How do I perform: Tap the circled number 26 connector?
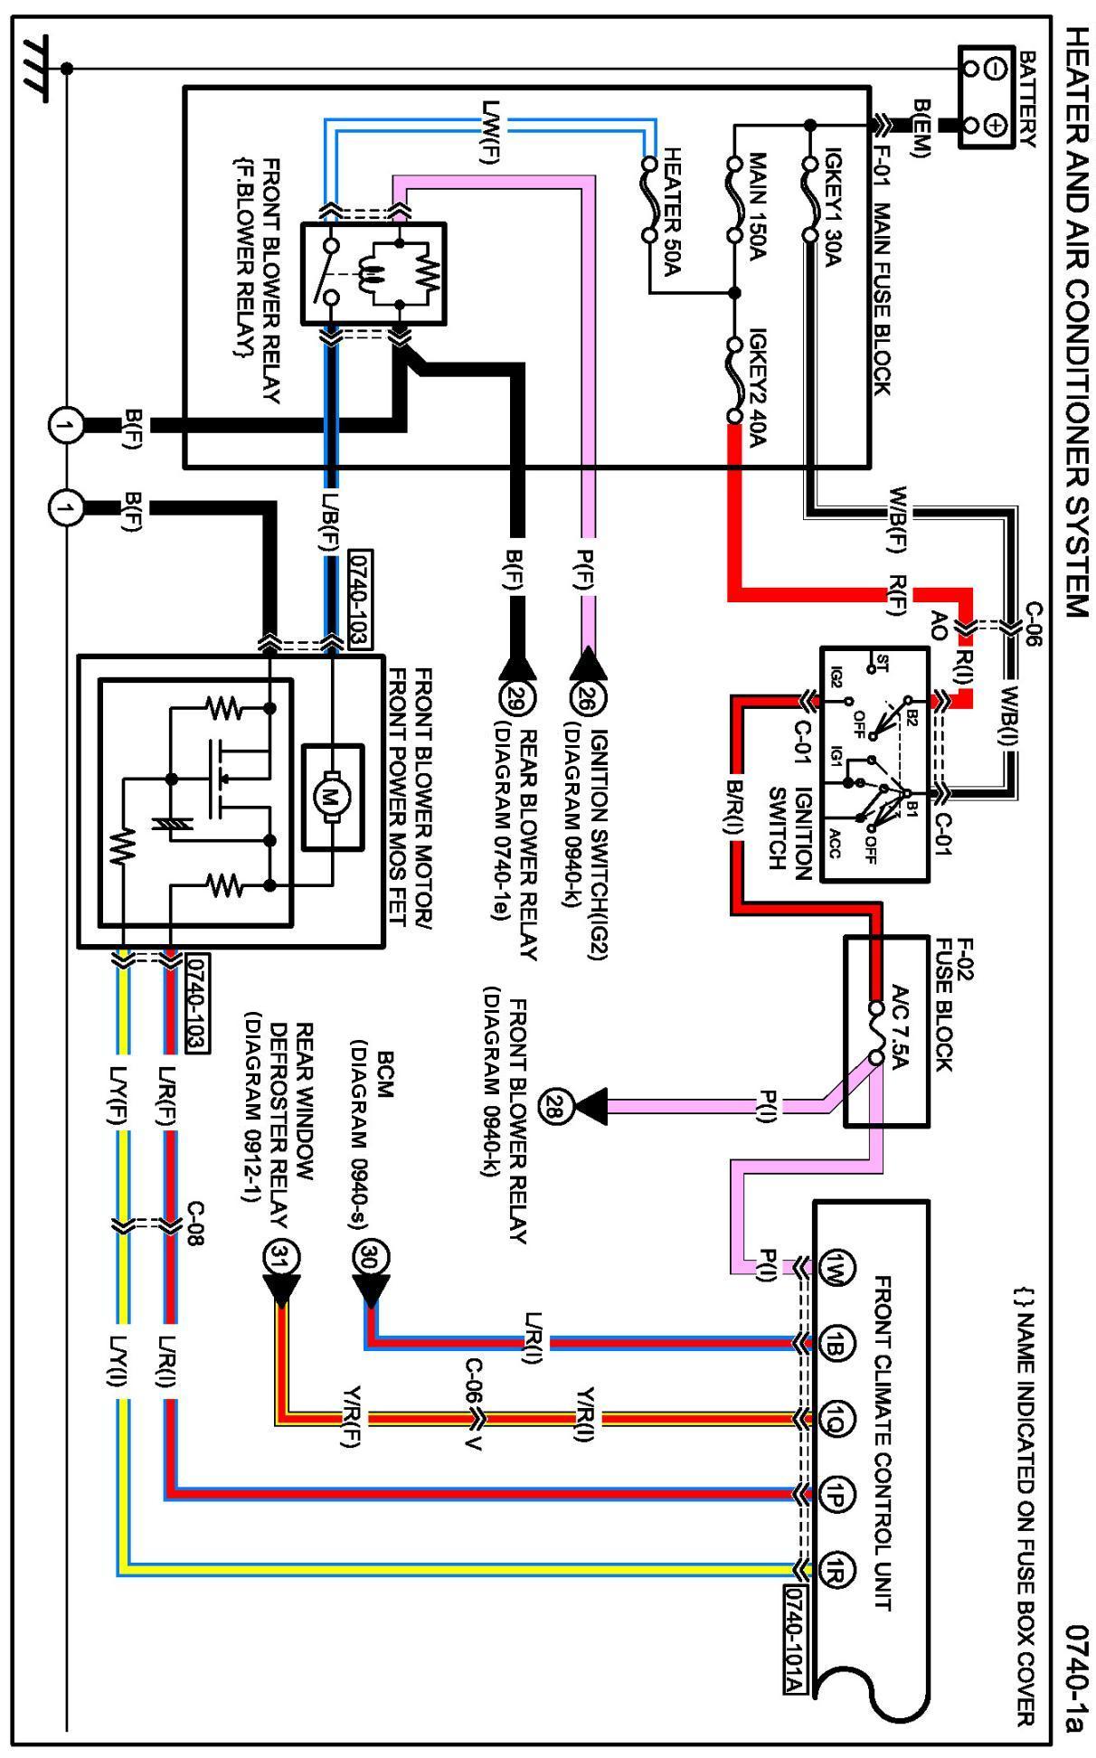[585, 699]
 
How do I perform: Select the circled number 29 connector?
[513, 699]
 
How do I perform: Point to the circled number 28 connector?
[553, 1105]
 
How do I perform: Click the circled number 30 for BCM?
[370, 1257]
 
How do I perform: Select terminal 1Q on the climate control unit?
[834, 1418]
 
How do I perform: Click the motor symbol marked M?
[325, 797]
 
